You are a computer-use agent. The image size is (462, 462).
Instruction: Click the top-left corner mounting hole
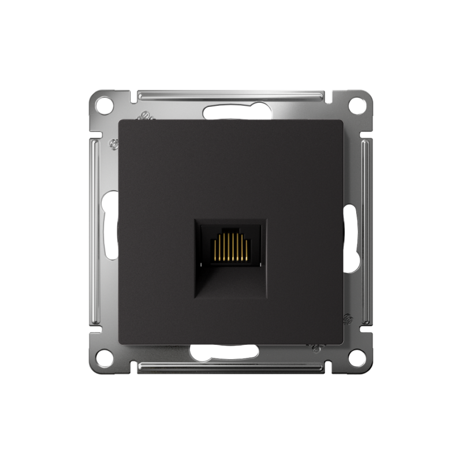pyautogui.click(x=104, y=105)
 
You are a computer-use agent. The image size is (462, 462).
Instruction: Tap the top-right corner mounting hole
pyautogui.click(x=358, y=105)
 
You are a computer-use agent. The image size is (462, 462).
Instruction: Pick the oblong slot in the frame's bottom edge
pyautogui.click(x=231, y=351)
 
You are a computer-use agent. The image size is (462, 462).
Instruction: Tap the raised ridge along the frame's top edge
pyautogui.click(x=231, y=94)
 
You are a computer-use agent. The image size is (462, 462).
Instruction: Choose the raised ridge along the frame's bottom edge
pyautogui.click(x=231, y=367)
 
